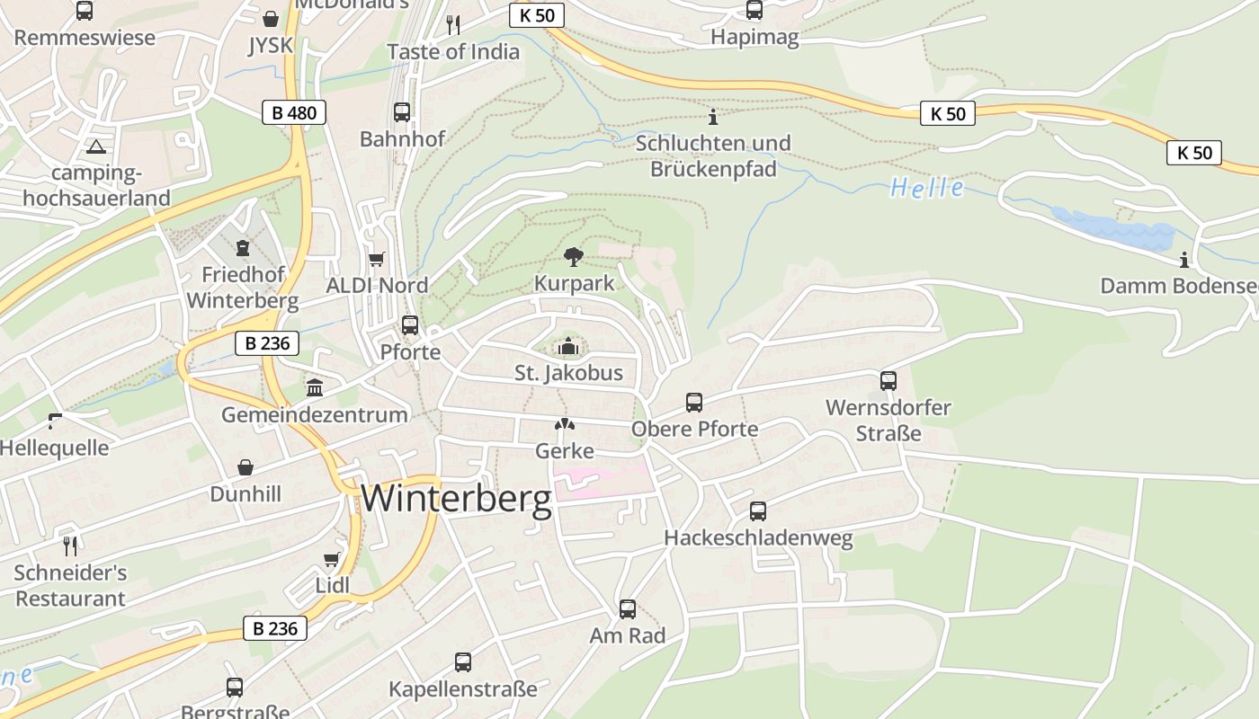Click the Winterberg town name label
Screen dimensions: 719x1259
pyautogui.click(x=456, y=499)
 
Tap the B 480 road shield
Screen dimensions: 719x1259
pyautogui.click(x=294, y=112)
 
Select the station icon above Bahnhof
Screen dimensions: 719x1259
pyautogui.click(x=402, y=112)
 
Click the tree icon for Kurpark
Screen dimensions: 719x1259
pyautogui.click(x=573, y=257)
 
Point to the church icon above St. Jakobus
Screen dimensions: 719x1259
pyautogui.click(x=568, y=346)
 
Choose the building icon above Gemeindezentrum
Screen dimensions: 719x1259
pyautogui.click(x=315, y=387)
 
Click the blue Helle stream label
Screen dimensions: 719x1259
pyautogui.click(x=926, y=188)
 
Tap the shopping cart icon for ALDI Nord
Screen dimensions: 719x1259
pyautogui.click(x=377, y=260)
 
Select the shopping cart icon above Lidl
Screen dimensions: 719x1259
pyautogui.click(x=332, y=559)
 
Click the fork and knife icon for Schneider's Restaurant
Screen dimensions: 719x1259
pyautogui.click(x=70, y=545)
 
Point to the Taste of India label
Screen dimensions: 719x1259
pyautogui.click(x=453, y=51)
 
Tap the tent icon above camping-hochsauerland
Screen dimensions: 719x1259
pyautogui.click(x=96, y=146)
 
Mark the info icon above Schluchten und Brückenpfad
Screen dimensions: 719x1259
pyautogui.click(x=713, y=117)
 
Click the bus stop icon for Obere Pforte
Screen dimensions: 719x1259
pyautogui.click(x=694, y=402)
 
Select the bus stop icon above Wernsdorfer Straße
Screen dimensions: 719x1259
pyautogui.click(x=888, y=380)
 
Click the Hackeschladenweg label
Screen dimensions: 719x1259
pyautogui.click(x=758, y=538)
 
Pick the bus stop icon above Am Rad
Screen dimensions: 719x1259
pyautogui.click(x=628, y=609)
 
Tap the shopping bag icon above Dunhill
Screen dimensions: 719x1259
pyautogui.click(x=246, y=467)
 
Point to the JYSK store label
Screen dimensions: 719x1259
pyautogui.click(x=271, y=45)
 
